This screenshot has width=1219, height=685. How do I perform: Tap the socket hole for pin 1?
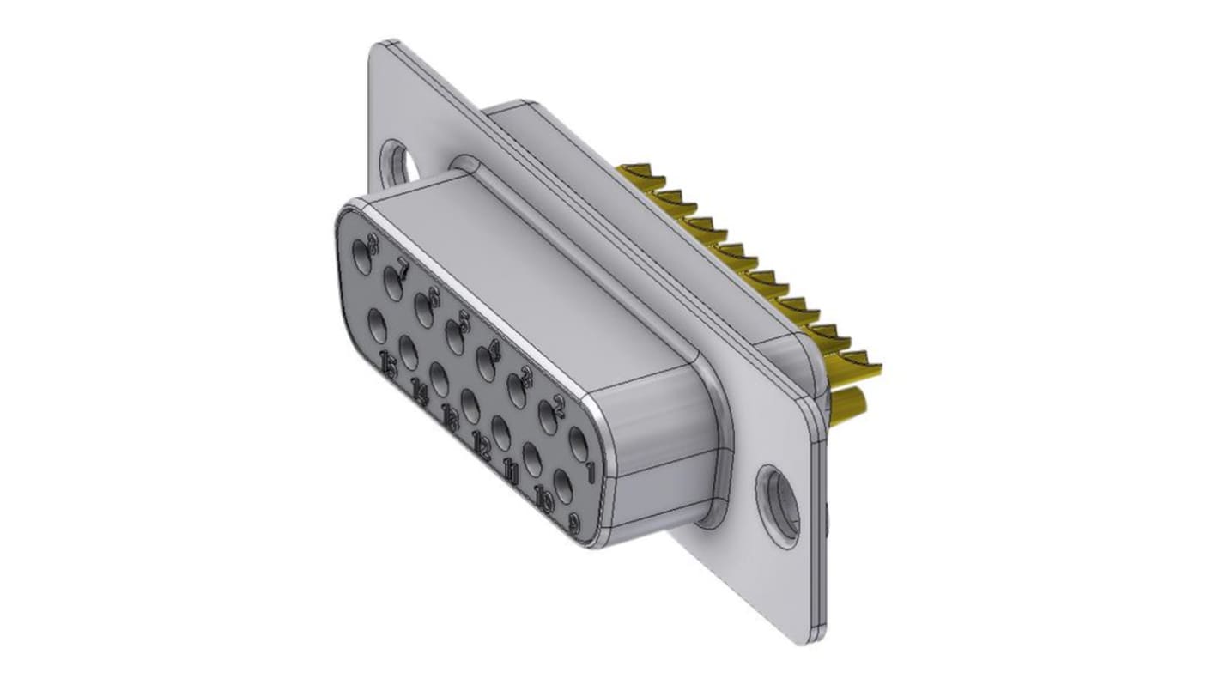[579, 447]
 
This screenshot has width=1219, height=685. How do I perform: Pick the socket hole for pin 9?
[563, 487]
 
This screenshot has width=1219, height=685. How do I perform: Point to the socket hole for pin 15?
[377, 326]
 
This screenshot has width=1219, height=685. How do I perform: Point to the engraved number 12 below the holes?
[482, 446]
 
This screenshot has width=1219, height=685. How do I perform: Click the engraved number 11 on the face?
[512, 470]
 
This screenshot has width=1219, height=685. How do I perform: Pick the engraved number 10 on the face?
[543, 496]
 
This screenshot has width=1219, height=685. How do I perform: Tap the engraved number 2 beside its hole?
[558, 407]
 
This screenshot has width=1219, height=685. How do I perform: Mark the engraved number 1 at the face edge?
[590, 471]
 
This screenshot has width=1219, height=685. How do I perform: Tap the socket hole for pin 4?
[487, 367]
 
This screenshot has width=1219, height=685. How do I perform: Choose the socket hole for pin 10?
[532, 460]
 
